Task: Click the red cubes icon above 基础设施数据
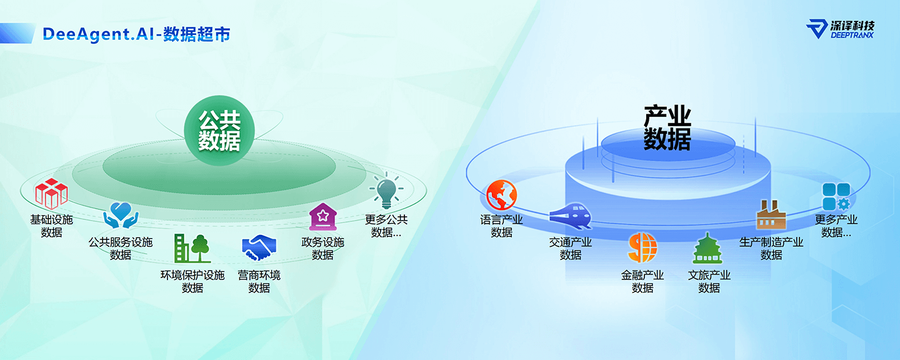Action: coord(51,194)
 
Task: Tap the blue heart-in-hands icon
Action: coord(121,216)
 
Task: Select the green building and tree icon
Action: coord(192,248)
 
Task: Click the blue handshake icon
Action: coord(259,247)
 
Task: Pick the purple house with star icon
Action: coord(322,217)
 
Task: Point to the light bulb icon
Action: coord(386,191)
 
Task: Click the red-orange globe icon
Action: coord(501,195)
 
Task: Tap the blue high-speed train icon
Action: coord(571,216)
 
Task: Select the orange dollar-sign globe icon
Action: coord(642,247)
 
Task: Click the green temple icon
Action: coord(707,248)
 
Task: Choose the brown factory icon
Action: coord(771,215)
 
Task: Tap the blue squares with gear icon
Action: coord(836,197)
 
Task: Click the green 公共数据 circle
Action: coord(219,131)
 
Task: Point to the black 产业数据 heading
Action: coord(667,128)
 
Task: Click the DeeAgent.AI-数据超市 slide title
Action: coord(136,34)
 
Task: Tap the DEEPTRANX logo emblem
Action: coord(817,29)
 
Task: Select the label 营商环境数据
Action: coord(259,281)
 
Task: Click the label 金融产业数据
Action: coord(642,281)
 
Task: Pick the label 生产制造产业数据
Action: coord(771,248)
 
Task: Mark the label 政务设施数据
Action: coord(322,248)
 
